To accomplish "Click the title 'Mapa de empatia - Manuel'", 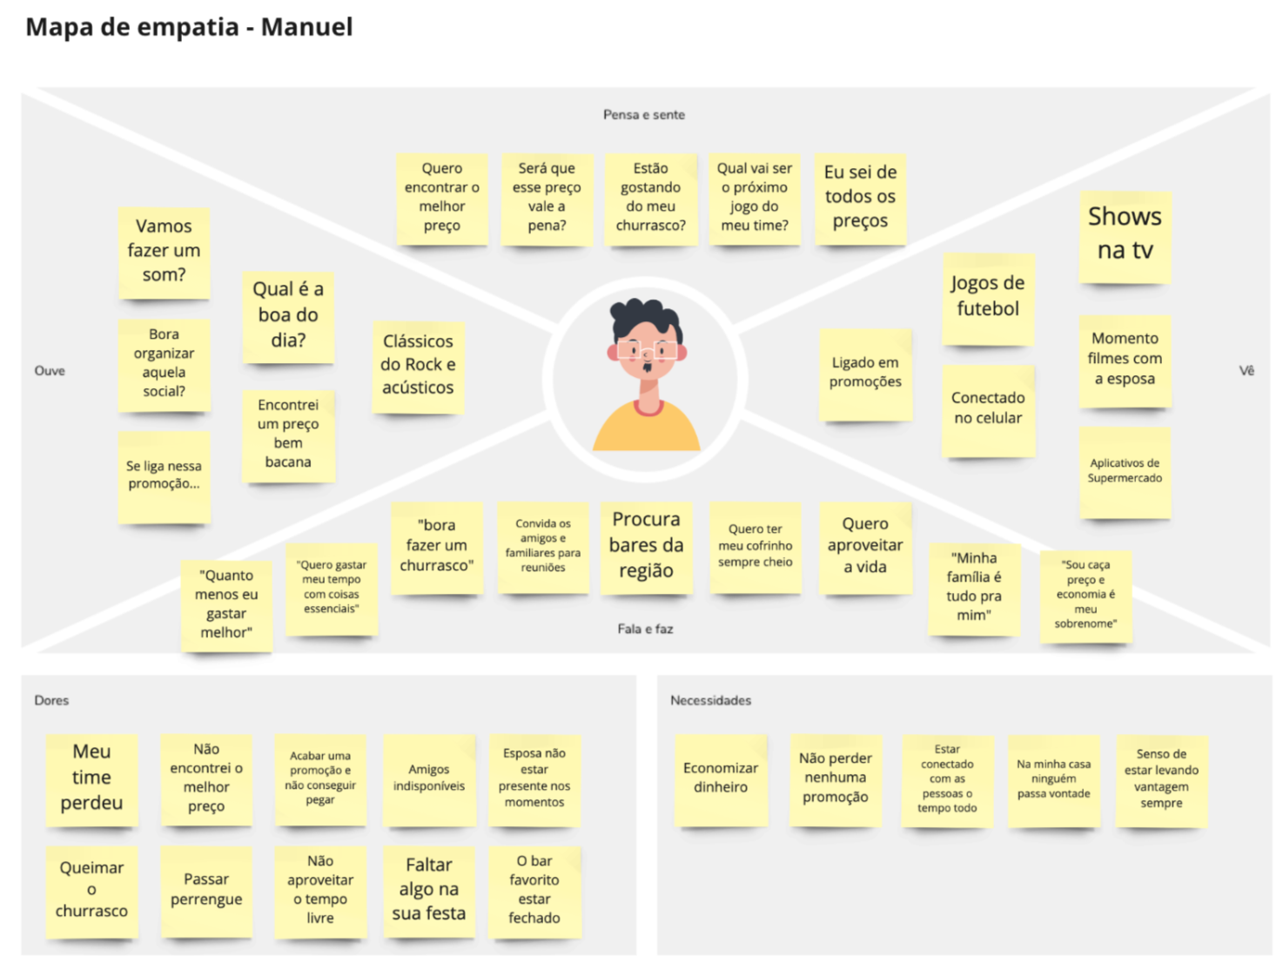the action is coord(189,27).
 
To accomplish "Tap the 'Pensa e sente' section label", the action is coord(644,115).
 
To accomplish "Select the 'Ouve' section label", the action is coord(50,371).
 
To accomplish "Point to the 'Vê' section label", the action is coord(1246,371).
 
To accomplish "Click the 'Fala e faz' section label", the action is coord(645,629).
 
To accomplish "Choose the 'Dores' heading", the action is coord(51,700).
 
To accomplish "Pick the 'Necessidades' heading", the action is coord(710,700).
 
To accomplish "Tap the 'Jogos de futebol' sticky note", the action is coord(988,297).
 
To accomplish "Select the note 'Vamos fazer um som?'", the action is coord(164,251).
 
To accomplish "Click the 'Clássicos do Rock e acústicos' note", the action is coord(418,365).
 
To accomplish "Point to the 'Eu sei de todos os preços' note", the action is coord(860,197).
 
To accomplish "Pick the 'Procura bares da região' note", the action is coord(646,545).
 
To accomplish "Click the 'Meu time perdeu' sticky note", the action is coord(91,778).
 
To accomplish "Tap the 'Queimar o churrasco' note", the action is coord(91,890).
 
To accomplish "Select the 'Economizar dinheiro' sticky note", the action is coord(721,778).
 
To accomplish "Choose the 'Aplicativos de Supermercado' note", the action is coord(1125,471).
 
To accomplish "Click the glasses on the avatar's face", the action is coord(647,351).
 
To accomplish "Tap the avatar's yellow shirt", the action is coord(646,430).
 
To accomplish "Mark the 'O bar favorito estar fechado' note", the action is coord(534,890).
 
